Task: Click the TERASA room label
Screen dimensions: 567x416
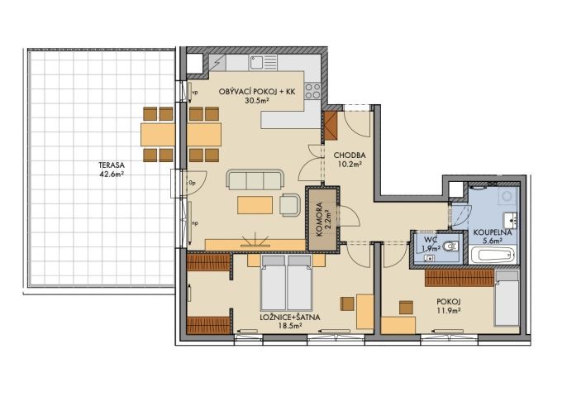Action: click(112, 165)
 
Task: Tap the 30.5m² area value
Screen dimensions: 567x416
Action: click(256, 101)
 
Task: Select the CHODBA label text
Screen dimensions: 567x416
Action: click(350, 155)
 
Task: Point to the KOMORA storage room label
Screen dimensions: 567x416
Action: click(319, 219)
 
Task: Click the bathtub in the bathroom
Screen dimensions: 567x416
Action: click(492, 255)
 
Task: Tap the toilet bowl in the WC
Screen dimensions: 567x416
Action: click(450, 246)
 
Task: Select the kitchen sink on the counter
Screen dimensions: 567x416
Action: click(263, 63)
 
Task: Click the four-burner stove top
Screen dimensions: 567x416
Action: click(312, 90)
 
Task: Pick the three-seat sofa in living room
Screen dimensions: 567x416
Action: click(255, 180)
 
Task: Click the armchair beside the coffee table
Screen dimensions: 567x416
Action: click(289, 205)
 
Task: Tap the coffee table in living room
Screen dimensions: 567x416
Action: click(255, 205)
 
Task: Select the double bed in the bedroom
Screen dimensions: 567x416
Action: click(286, 283)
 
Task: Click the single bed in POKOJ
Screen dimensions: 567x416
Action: click(507, 298)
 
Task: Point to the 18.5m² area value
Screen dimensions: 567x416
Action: click(290, 325)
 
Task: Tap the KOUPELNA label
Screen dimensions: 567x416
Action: click(493, 232)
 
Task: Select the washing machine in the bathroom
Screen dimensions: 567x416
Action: click(507, 197)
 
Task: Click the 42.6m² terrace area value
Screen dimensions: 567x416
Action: click(112, 174)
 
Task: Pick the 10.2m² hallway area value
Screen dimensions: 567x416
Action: click(350, 165)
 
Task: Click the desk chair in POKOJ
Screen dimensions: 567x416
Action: click(406, 307)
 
